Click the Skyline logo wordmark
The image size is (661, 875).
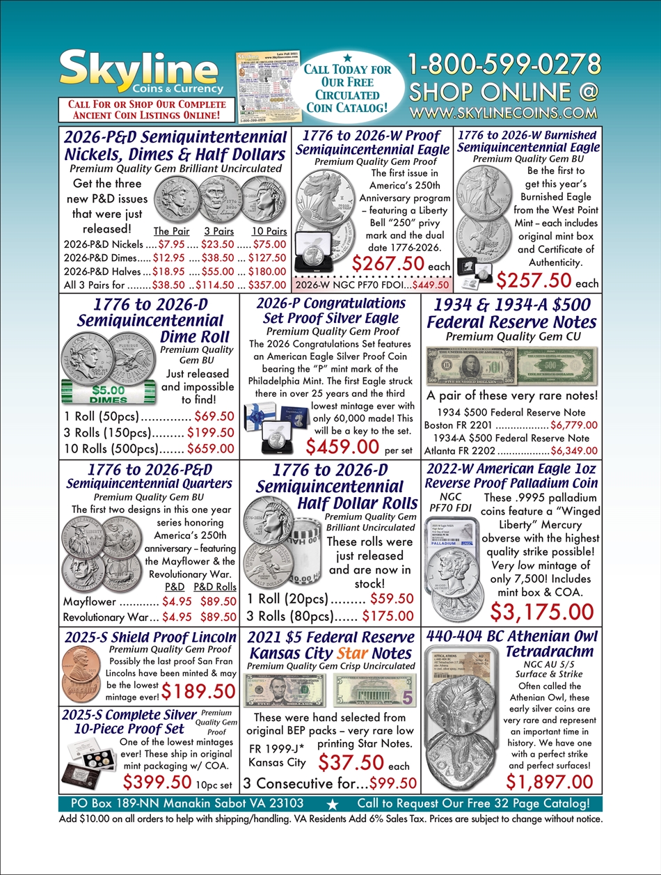point(138,70)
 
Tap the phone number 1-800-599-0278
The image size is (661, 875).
point(504,65)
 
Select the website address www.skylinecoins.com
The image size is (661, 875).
point(504,112)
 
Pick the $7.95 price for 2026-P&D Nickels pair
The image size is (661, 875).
point(170,244)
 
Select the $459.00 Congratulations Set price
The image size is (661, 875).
point(342,446)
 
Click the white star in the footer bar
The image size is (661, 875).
point(333,805)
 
